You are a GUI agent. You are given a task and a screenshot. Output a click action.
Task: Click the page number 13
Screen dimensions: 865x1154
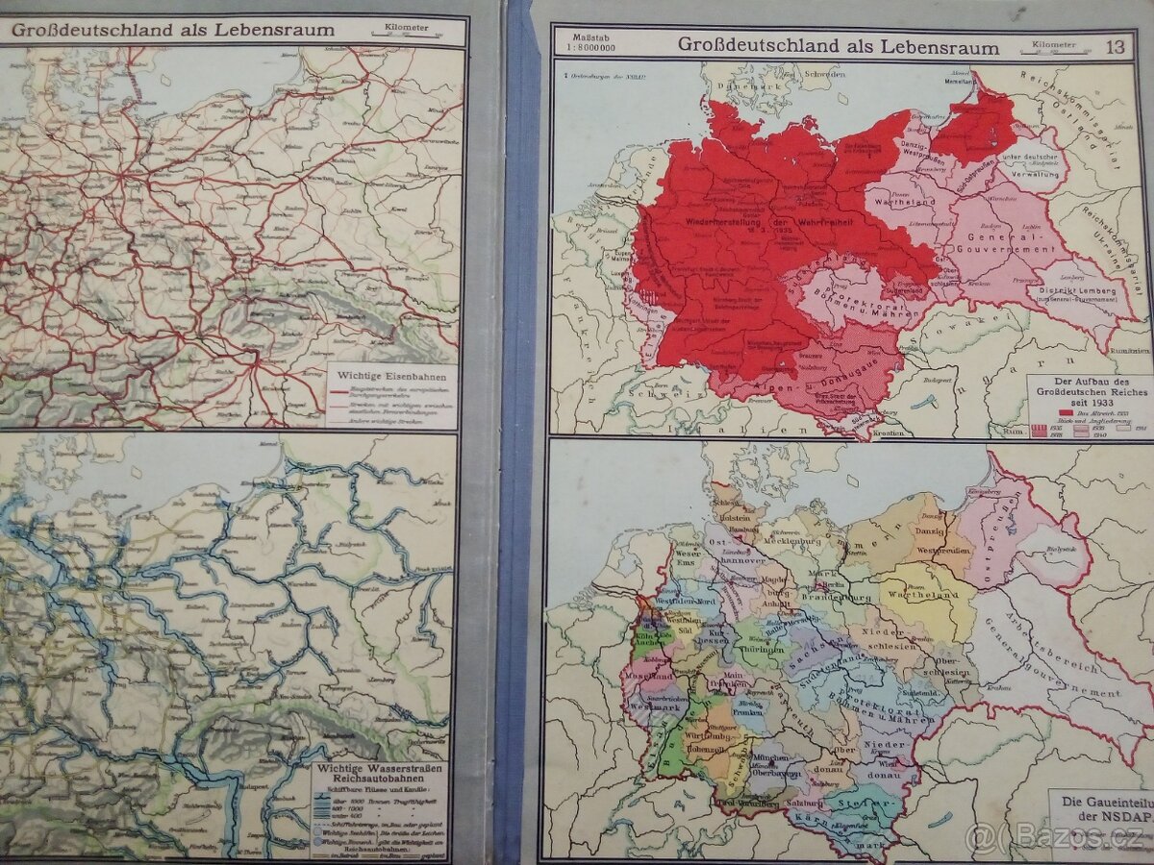1115,45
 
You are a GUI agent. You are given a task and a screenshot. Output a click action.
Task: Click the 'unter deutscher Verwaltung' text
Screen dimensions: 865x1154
1029,165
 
